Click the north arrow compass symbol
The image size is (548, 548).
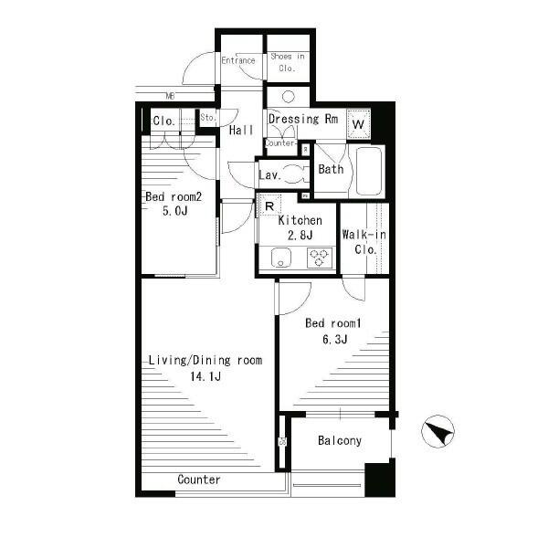(x=437, y=431)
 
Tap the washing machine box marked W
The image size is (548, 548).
(x=358, y=123)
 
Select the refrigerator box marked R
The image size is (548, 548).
(x=269, y=205)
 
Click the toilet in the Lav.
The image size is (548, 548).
(x=295, y=174)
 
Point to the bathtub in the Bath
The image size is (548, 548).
(x=368, y=171)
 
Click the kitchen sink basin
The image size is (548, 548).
(x=281, y=258)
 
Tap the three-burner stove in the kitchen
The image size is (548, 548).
(x=319, y=258)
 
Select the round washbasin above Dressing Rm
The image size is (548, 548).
(x=288, y=97)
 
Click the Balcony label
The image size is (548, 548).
(x=340, y=441)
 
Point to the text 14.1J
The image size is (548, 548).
(x=205, y=376)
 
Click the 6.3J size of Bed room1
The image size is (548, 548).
(x=335, y=339)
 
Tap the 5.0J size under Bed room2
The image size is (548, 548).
(x=174, y=211)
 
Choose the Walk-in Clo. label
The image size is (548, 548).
(x=364, y=242)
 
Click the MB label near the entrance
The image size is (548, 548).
(x=170, y=95)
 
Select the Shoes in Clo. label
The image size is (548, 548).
(x=288, y=62)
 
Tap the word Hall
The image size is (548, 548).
(x=241, y=131)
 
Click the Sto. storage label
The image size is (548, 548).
(x=208, y=118)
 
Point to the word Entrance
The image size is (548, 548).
(x=238, y=60)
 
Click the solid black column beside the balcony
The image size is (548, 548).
(x=380, y=479)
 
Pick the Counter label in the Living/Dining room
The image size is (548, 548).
(x=199, y=479)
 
